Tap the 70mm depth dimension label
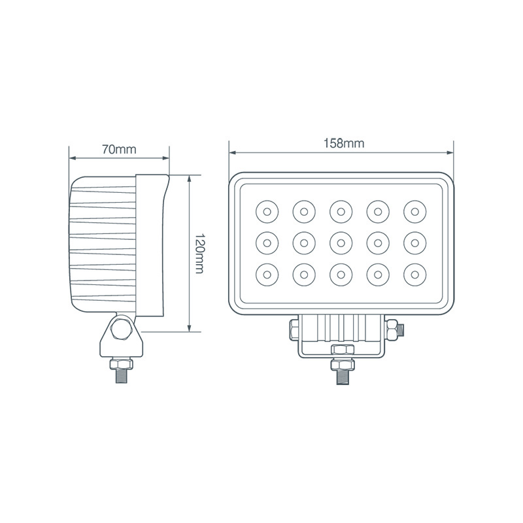click(x=119, y=148)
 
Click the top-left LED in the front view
click(x=267, y=211)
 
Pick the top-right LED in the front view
click(x=414, y=211)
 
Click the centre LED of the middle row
click(x=340, y=241)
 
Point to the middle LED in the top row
click(x=340, y=211)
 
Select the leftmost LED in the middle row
click(x=267, y=241)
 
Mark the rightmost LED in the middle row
click(x=414, y=241)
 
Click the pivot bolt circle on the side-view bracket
click(x=122, y=329)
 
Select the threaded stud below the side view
click(x=122, y=376)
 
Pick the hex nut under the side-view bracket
click(x=122, y=362)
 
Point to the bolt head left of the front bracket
click(x=294, y=331)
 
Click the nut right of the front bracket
click(x=390, y=331)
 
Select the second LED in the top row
click(x=303, y=211)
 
